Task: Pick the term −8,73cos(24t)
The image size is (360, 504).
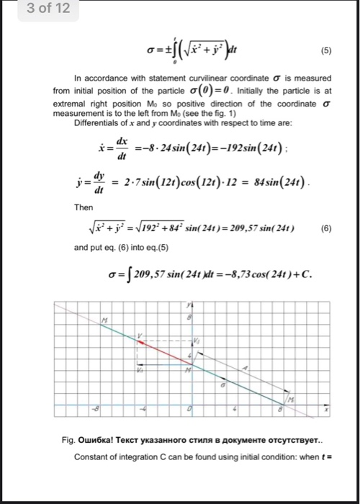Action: pyautogui.click(x=248, y=274)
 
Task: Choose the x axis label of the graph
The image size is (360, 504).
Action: pyautogui.click(x=325, y=409)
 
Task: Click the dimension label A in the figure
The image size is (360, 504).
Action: pyautogui.click(x=246, y=367)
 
